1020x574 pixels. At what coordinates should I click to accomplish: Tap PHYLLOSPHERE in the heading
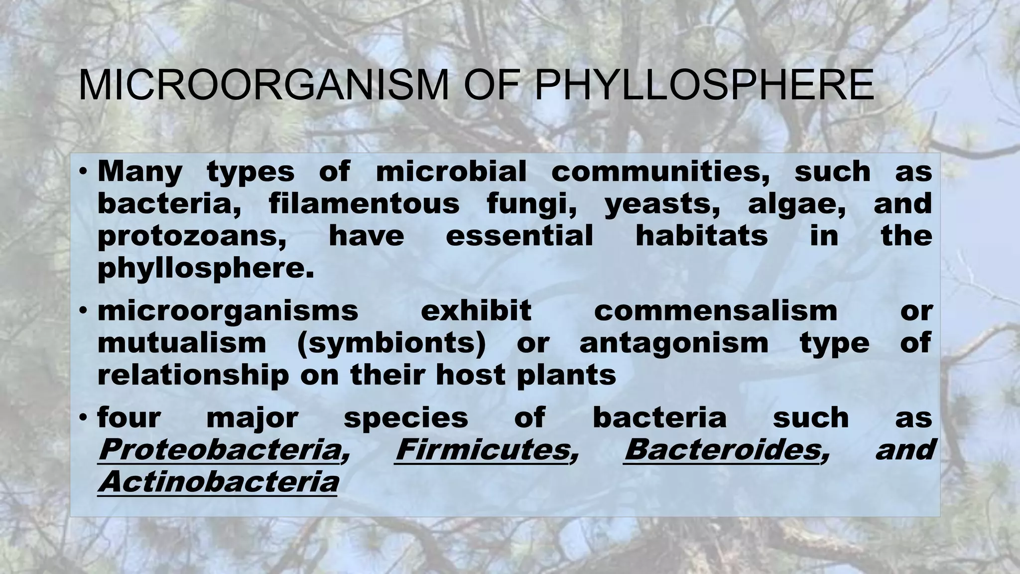(704, 86)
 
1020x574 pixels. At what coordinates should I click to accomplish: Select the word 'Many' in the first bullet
(140, 172)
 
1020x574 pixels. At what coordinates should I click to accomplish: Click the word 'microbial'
(451, 172)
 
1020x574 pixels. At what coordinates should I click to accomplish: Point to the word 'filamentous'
(364, 204)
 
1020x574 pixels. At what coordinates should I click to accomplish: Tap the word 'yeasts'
(662, 205)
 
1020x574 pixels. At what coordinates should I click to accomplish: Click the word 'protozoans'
(192, 236)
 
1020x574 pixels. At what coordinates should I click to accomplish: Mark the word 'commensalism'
(716, 311)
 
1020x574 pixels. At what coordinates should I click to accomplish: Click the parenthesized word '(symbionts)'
(391, 344)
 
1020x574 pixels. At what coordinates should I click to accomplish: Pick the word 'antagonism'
(674, 344)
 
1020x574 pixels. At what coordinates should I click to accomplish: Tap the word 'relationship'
(193, 375)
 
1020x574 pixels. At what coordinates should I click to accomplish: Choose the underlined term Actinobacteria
(218, 482)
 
